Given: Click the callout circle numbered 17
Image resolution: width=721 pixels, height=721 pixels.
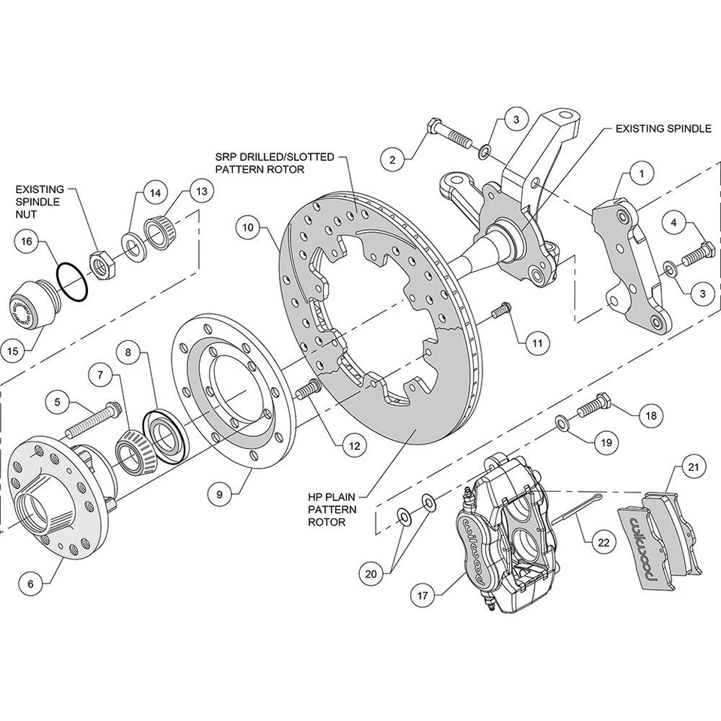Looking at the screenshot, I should click(x=422, y=595).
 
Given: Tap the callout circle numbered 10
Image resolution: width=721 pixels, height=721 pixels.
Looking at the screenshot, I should click(x=248, y=227).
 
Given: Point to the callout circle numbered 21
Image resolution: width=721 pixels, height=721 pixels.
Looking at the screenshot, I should click(x=692, y=468).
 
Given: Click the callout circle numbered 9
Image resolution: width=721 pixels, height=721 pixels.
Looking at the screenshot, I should click(x=219, y=494).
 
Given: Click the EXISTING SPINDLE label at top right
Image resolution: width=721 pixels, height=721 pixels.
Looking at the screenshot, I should click(x=662, y=128).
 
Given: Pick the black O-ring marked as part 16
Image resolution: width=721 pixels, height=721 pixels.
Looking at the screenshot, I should click(x=72, y=282).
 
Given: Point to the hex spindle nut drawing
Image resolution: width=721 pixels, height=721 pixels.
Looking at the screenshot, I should click(x=101, y=263).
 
